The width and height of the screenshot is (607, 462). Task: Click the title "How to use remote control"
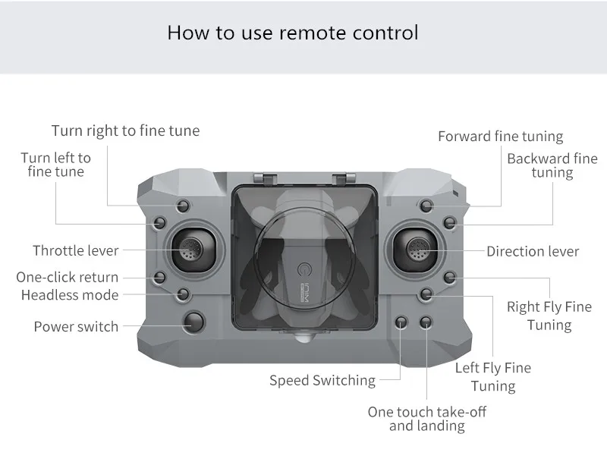(x=292, y=33)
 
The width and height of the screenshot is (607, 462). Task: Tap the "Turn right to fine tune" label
(x=125, y=130)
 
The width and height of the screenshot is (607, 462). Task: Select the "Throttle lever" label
(x=76, y=250)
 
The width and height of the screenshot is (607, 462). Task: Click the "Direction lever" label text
(x=533, y=251)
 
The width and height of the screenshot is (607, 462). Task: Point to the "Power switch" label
(x=76, y=327)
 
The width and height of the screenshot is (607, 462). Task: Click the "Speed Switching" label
(x=322, y=380)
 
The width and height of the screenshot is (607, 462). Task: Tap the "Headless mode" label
(x=70, y=294)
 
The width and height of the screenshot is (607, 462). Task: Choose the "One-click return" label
(x=68, y=277)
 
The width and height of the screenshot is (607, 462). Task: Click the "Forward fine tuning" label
(x=500, y=137)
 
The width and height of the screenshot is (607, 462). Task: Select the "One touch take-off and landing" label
(x=426, y=419)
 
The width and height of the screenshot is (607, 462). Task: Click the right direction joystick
(x=415, y=247)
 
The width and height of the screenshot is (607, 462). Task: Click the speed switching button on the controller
(x=402, y=322)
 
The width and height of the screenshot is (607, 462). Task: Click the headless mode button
(x=183, y=294)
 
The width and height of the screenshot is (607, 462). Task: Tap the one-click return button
(x=159, y=277)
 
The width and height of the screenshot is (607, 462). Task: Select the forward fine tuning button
(x=426, y=206)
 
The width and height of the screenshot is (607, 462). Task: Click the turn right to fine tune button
(x=183, y=206)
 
